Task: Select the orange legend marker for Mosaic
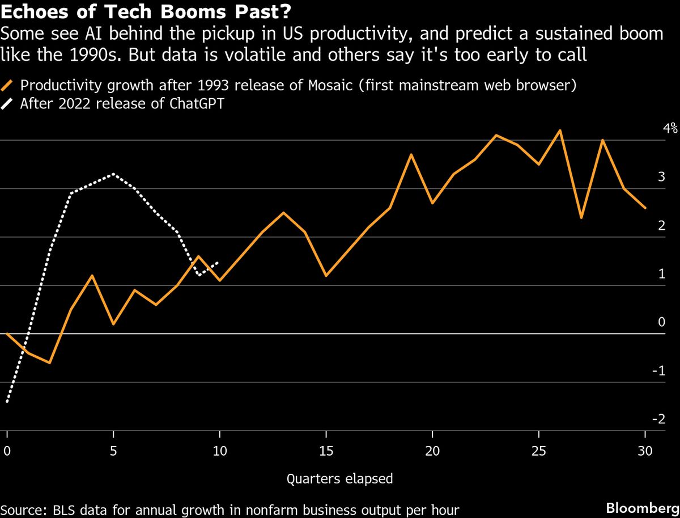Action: pos(8,86)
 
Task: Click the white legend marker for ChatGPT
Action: pos(8,104)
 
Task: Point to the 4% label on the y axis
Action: pos(670,129)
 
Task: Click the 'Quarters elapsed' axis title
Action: pos(339,479)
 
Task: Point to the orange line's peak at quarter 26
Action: pos(560,130)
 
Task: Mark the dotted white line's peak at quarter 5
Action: pos(113,174)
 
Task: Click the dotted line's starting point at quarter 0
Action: pos(7,402)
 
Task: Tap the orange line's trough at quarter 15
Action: pos(326,276)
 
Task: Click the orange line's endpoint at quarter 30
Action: pos(645,208)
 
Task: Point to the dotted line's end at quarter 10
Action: pos(219,262)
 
